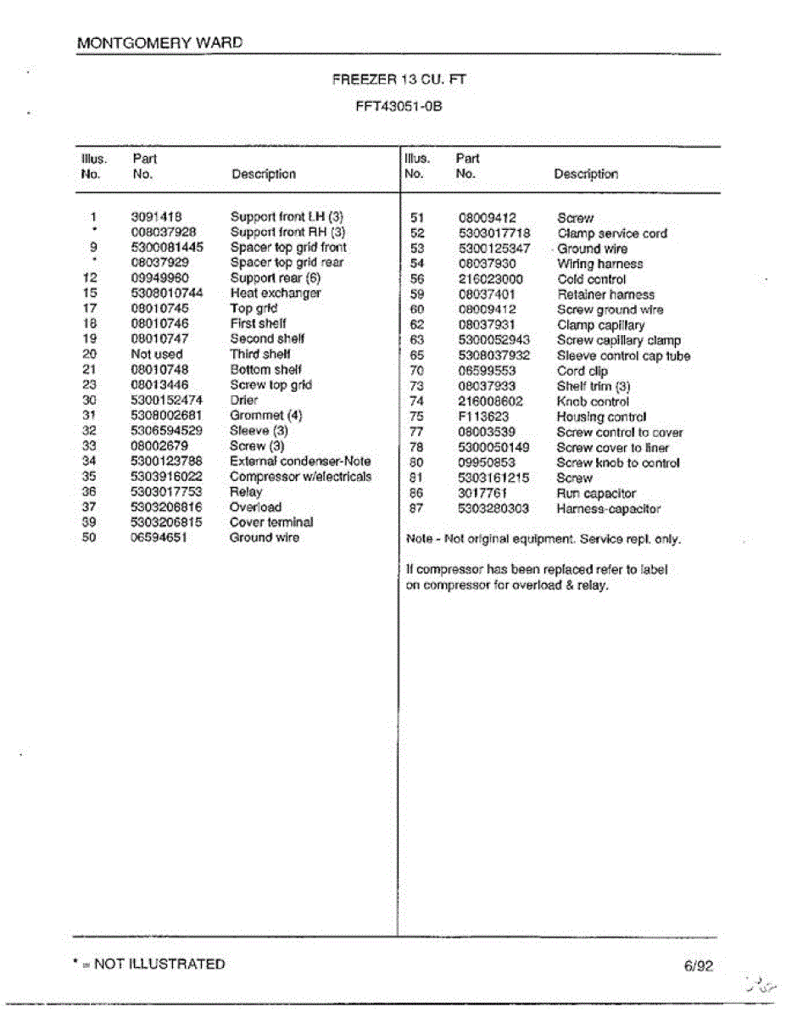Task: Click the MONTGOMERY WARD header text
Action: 159,42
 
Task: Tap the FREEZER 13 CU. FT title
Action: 399,80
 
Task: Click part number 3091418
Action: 157,217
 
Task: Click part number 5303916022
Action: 167,477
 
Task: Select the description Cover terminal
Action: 271,523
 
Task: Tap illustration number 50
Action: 90,538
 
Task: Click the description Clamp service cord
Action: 612,233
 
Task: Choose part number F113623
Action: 484,417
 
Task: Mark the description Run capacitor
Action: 596,493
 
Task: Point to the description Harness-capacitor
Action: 609,509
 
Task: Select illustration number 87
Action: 416,509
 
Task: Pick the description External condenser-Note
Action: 300,461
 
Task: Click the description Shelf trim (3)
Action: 594,386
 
